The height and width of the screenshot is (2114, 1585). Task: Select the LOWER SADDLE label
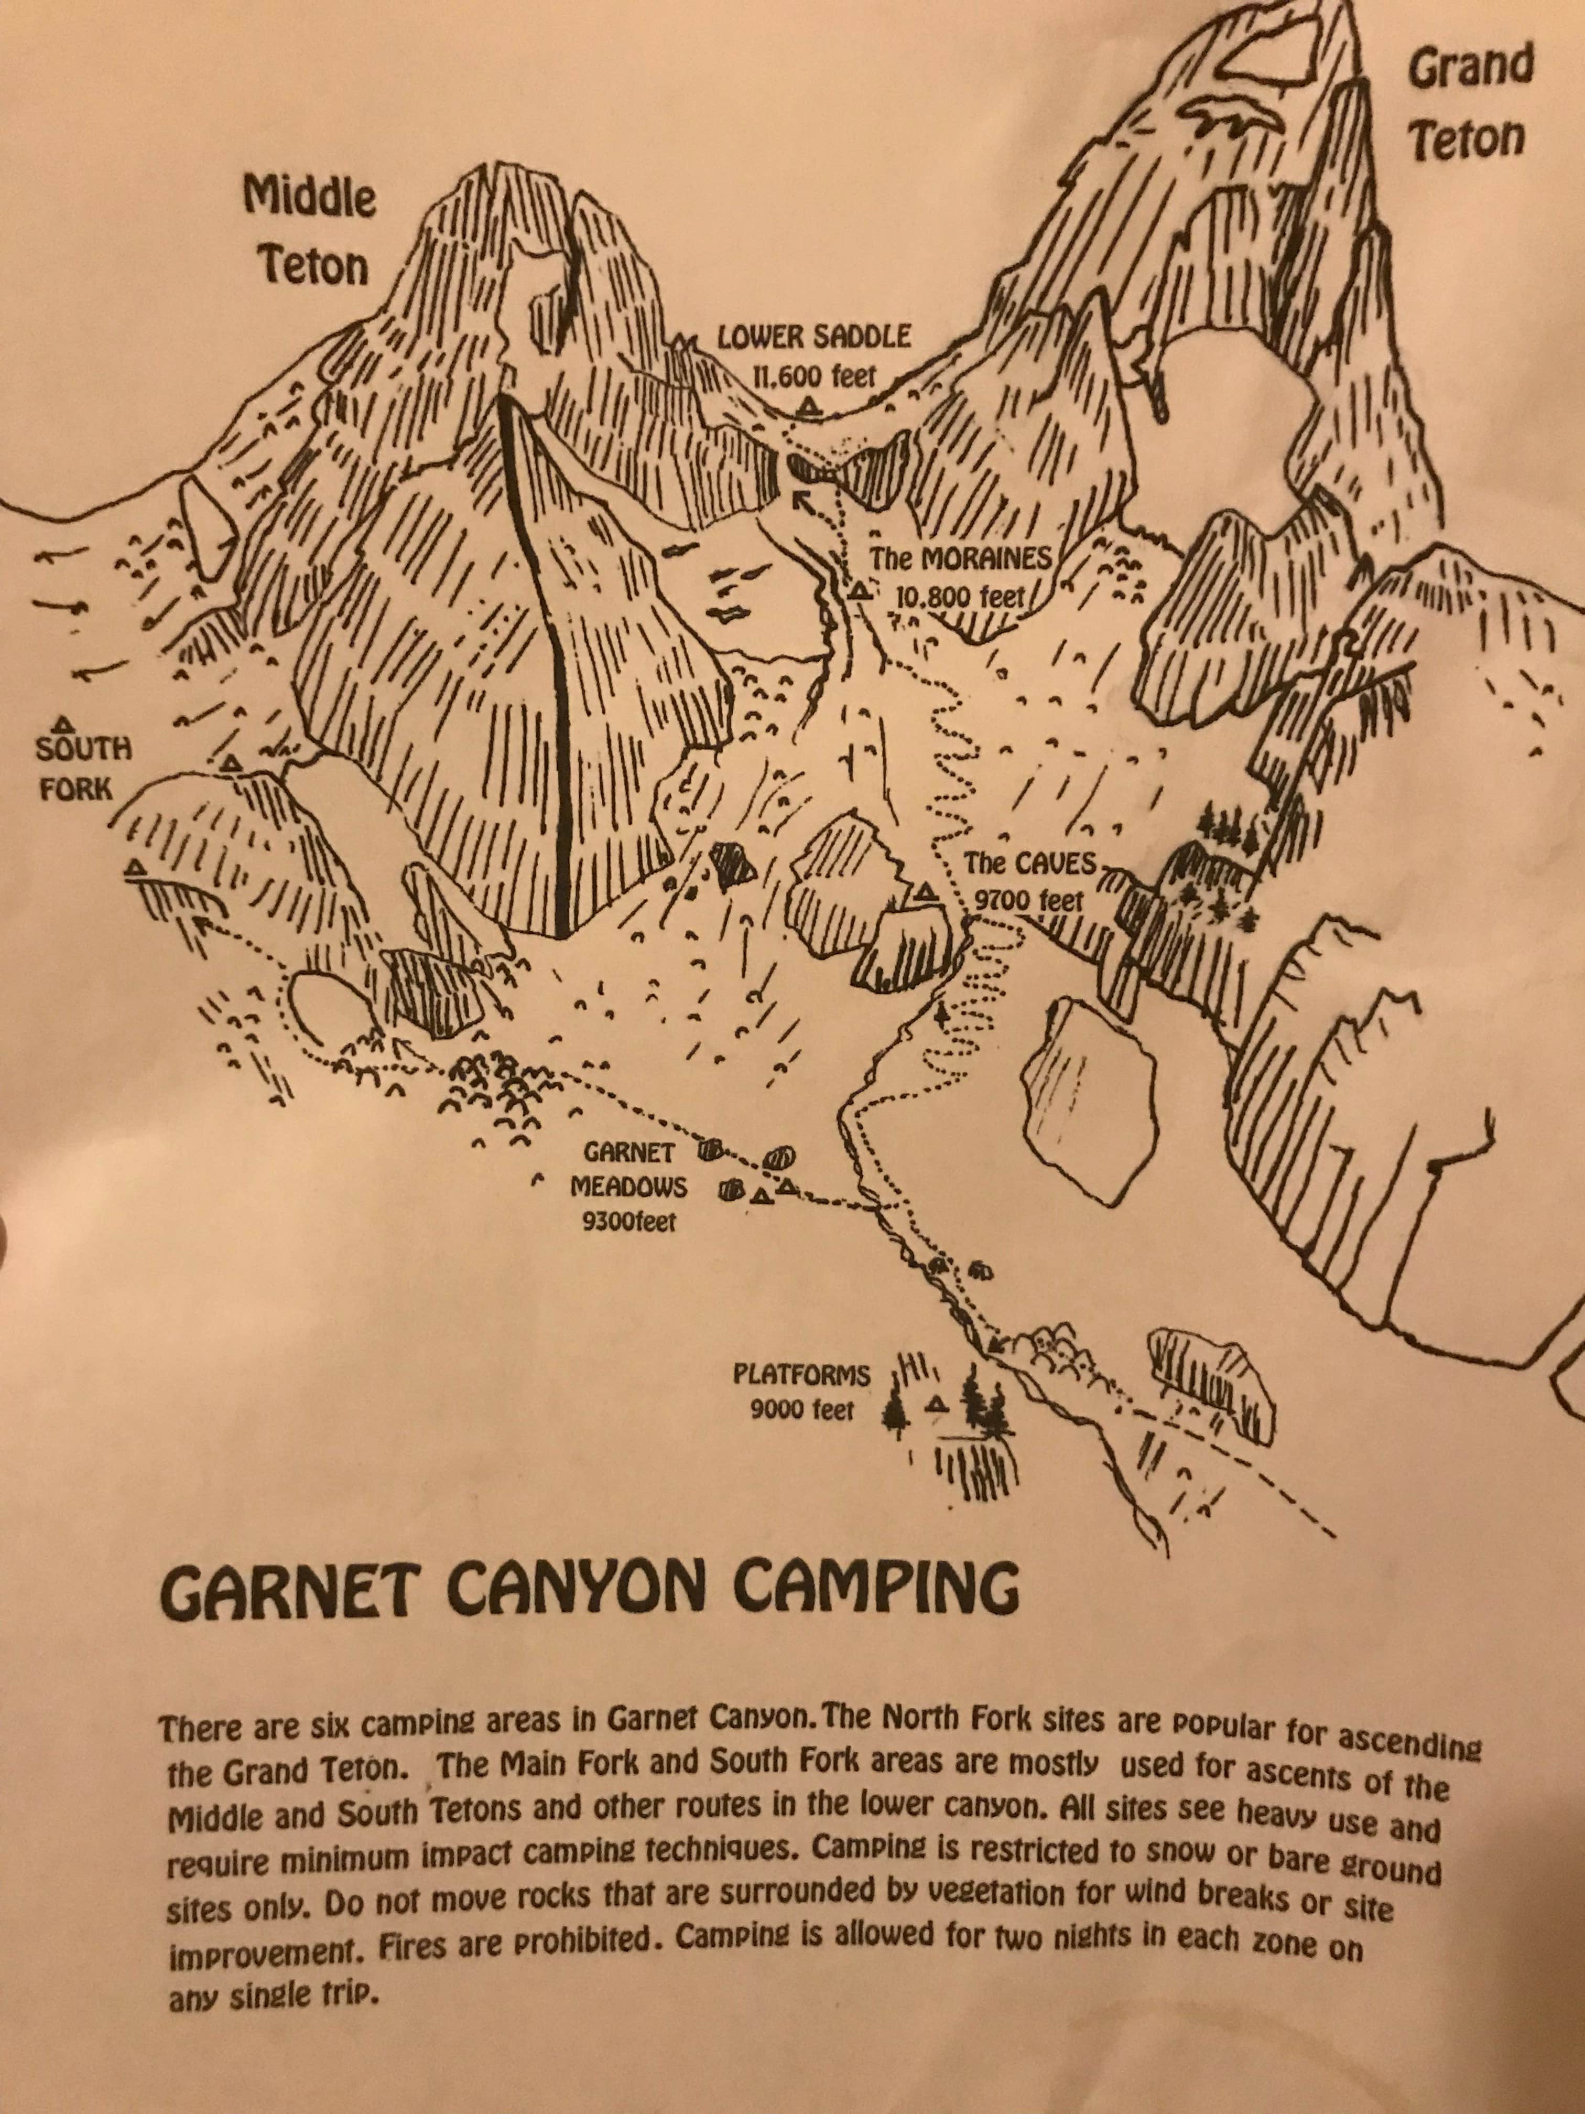coord(814,337)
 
